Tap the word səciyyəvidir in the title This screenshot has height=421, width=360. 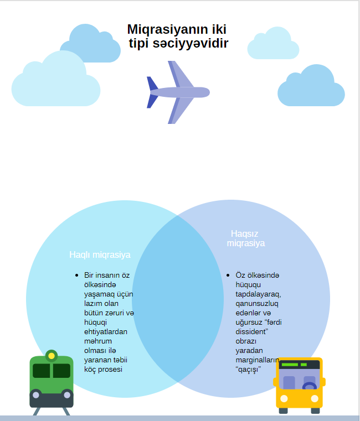[x=191, y=44]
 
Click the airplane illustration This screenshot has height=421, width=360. [x=178, y=92]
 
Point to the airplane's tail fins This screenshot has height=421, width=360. [x=152, y=92]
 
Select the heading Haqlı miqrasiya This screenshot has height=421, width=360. [x=100, y=254]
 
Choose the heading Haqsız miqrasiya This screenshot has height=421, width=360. [x=246, y=238]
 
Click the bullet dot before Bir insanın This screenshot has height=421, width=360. [x=77, y=275]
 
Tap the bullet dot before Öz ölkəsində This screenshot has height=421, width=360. [x=228, y=275]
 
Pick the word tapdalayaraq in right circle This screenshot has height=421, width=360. [x=258, y=294]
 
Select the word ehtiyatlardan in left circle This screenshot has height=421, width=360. [x=106, y=332]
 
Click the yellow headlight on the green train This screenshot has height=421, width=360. [x=52, y=356]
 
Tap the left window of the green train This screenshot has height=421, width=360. [x=42, y=371]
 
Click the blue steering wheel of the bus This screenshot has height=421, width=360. [x=310, y=386]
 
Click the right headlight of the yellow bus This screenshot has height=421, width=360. [x=314, y=399]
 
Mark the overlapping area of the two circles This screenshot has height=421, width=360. [x=178, y=299]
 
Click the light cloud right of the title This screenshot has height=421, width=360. [x=273, y=43]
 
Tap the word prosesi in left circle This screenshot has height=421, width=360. [x=110, y=370]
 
